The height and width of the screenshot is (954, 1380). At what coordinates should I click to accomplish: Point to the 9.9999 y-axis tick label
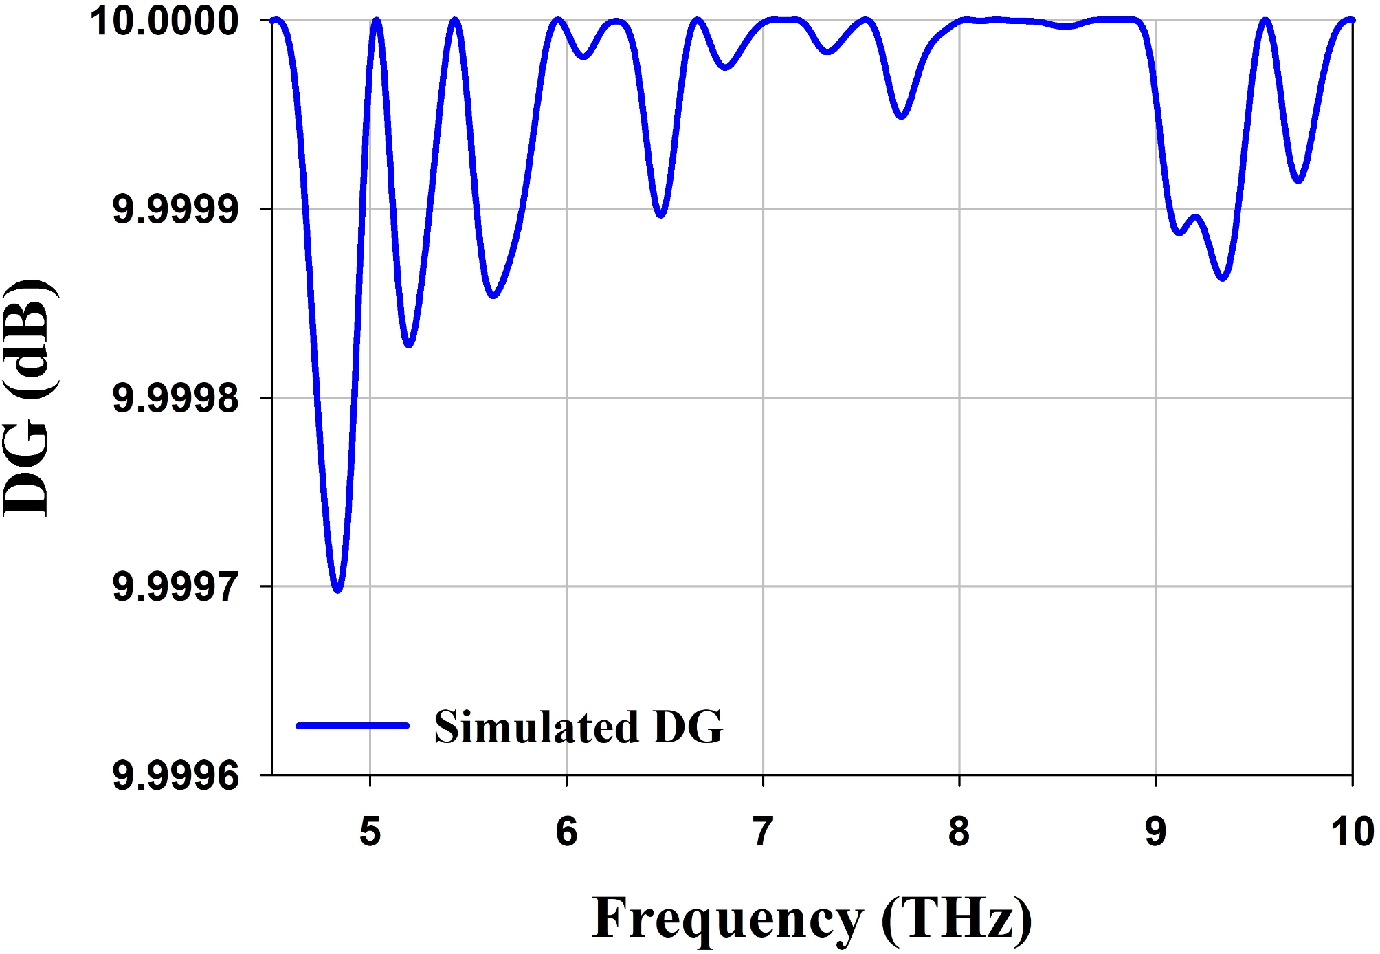176,209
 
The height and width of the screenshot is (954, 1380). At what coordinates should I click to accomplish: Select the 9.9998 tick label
176,398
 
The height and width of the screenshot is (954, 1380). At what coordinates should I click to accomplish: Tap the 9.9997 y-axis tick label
176,587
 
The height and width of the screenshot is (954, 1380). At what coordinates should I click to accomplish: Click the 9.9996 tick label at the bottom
176,776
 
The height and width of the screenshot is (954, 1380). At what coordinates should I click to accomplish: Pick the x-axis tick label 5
370,832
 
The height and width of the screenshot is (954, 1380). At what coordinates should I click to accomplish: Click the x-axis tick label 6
567,832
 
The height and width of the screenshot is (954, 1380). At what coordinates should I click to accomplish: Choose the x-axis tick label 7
763,832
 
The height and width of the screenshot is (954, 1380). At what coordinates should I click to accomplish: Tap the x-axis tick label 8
959,832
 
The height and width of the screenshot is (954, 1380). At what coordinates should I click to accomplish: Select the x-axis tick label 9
1156,832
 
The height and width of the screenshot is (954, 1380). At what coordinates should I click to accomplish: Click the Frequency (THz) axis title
812,918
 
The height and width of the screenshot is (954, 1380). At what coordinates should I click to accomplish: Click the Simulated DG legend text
578,726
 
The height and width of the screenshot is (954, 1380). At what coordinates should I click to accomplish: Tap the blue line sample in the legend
353,725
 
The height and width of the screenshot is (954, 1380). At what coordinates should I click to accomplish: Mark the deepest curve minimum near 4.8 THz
337,589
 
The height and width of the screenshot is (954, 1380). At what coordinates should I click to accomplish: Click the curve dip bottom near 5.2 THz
409,344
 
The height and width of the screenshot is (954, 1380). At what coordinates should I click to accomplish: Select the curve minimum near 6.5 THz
660,214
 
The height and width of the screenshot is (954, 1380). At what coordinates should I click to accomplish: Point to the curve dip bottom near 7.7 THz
902,115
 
